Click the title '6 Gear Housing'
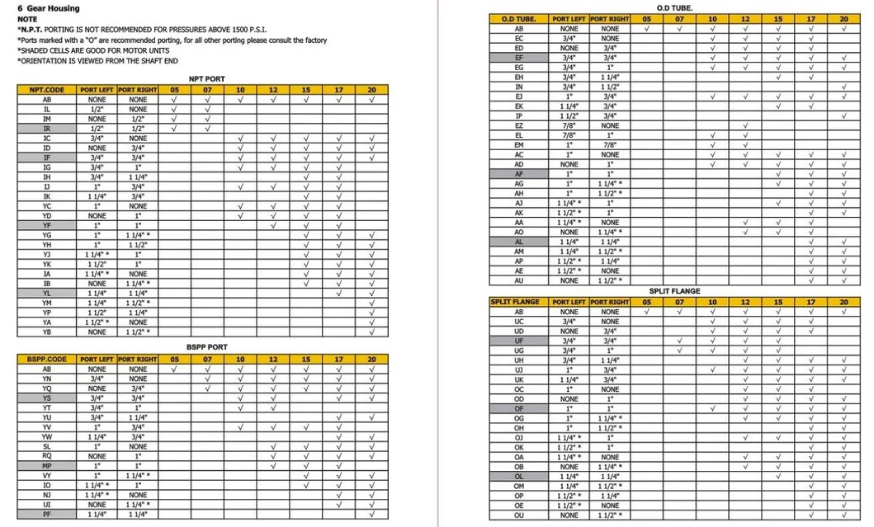(x=49, y=8)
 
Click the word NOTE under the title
(x=26, y=18)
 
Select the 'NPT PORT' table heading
(x=206, y=79)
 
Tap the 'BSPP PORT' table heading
(x=206, y=347)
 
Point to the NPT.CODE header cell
(x=47, y=89)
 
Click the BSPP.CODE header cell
(x=47, y=360)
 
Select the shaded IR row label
(x=47, y=129)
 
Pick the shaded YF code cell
(x=47, y=225)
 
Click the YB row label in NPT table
(x=47, y=332)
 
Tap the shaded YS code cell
(x=47, y=398)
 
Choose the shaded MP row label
(x=47, y=466)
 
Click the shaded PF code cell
(x=47, y=514)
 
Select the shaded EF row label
(x=519, y=58)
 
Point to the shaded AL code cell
(x=519, y=242)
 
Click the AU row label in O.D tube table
(x=519, y=280)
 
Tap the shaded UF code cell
(x=519, y=341)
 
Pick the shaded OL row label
(x=519, y=477)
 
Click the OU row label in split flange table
(x=519, y=515)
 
